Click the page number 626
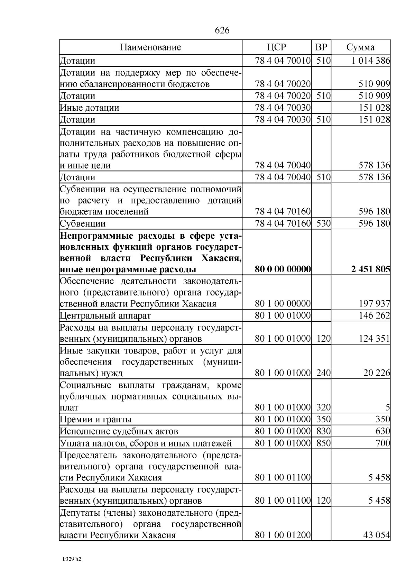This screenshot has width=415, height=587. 222,30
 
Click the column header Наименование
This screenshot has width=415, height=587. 150,47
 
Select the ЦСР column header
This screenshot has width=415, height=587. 276,47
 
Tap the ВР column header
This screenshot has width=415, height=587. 321,47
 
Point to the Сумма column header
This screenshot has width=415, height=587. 360,47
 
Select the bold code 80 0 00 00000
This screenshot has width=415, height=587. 283,269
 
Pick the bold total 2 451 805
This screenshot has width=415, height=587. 370,269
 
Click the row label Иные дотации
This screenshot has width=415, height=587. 90,108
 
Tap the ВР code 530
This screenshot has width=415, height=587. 323,223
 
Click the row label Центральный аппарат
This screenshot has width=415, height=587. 105,316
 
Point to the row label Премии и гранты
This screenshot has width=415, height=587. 96,420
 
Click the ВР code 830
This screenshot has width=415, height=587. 323,431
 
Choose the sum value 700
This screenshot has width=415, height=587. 382,443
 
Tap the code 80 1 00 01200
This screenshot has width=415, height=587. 283,535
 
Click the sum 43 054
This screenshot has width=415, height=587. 376,535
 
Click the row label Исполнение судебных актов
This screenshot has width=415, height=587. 119,431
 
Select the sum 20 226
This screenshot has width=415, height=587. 376,373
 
